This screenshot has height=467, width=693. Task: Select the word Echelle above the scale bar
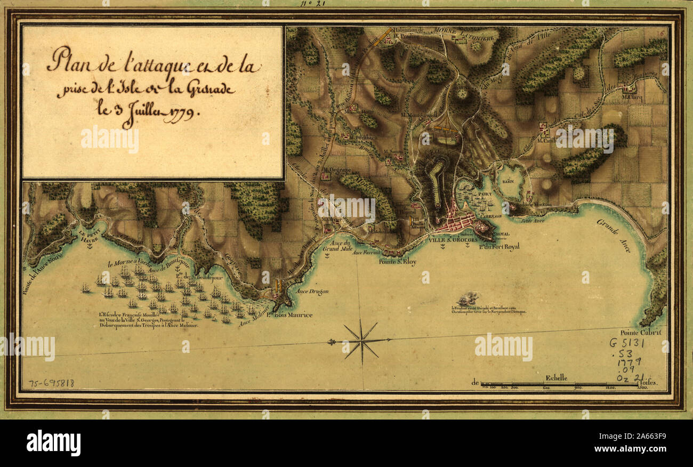tap(556, 377)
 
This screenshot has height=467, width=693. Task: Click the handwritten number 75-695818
tap(51, 383)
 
